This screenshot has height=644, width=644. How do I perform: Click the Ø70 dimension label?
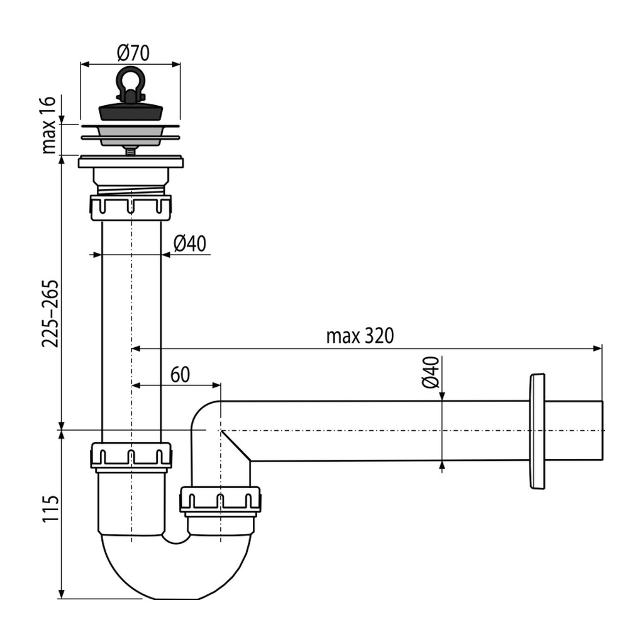pos(133,53)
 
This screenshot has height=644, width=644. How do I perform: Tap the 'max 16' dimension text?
pos(49,125)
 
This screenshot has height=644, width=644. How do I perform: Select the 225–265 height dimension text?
pos(50,314)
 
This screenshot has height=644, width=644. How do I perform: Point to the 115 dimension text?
pos(50,508)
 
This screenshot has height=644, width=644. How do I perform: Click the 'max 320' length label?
pos(360,336)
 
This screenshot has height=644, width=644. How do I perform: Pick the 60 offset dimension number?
pos(180,374)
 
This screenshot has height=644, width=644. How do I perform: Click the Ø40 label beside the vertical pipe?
pos(190,243)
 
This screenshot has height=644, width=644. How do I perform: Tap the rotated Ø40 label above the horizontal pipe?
pos(430,372)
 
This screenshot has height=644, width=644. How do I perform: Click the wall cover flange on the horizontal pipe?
pos(537,431)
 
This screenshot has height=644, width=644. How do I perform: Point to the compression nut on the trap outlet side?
pos(220,500)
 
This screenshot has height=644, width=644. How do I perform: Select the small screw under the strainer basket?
pos(130,151)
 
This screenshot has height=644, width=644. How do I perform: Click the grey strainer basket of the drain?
pos(131,136)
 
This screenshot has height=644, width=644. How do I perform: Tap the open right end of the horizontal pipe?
pos(602,430)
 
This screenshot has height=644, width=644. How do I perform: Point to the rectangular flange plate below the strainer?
pos(131,162)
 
